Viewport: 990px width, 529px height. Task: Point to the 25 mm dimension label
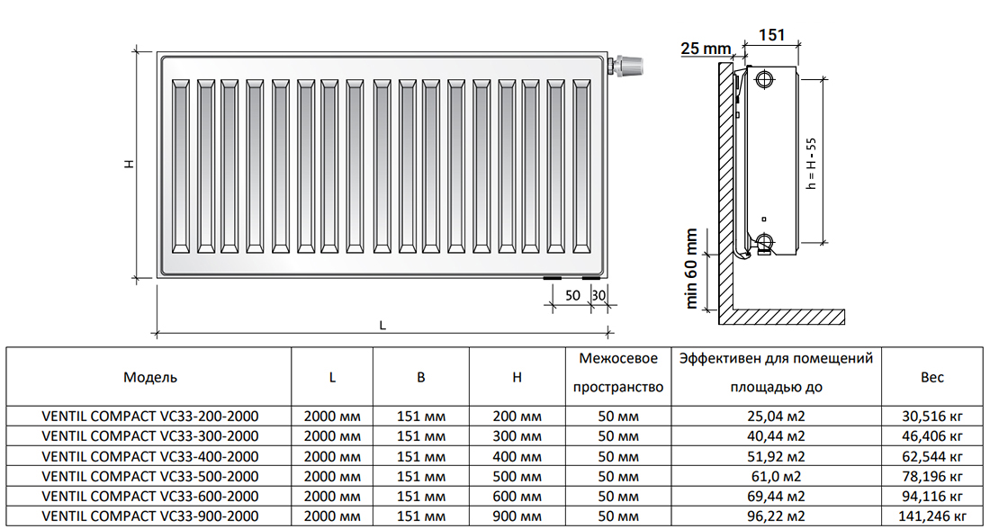704,48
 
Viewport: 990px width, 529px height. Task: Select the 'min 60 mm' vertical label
692,267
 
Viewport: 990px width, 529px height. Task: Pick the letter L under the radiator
382,326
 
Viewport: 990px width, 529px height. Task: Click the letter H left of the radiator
130,165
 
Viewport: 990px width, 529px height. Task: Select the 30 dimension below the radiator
598,295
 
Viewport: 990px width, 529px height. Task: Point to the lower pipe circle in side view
765,241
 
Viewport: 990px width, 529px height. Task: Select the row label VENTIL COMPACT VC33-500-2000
150,476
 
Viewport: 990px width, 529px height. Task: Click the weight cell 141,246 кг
932,516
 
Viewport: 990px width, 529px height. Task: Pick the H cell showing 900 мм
517,516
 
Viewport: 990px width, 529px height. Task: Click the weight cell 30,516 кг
932,417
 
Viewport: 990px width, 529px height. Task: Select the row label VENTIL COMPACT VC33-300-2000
150,436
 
